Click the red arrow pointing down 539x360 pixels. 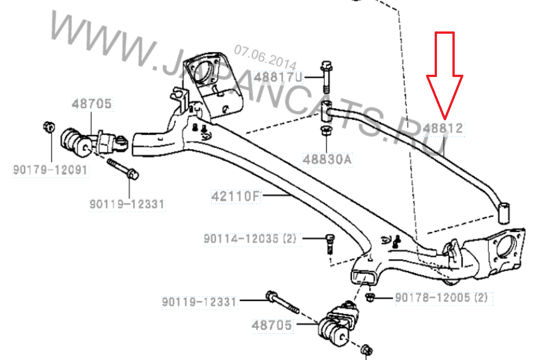(445, 76)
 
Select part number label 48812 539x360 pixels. (443, 129)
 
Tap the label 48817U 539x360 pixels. (278, 77)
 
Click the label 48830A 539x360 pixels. (327, 159)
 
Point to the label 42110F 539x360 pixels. (236, 196)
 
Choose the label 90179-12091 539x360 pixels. (50, 170)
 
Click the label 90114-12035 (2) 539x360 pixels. (250, 238)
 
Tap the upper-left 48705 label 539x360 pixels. (92, 103)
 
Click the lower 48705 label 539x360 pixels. (272, 325)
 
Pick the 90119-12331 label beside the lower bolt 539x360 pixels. (200, 302)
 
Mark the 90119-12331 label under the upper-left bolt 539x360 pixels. (127, 204)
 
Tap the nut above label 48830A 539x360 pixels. (326, 131)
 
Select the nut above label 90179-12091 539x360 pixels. (49, 126)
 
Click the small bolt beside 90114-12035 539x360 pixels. (330, 243)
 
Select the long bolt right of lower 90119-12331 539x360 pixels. (282, 302)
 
